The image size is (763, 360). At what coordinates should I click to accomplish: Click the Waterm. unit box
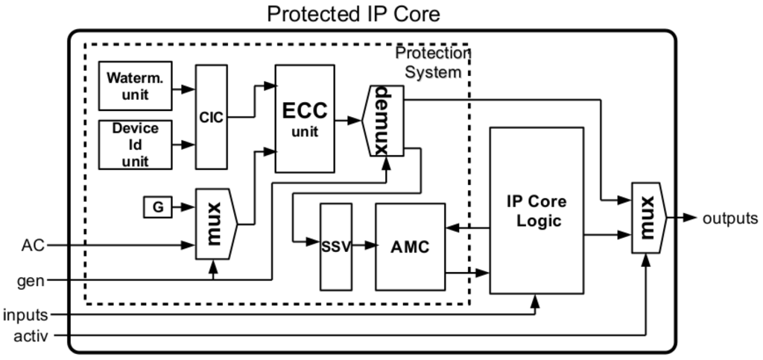click(135, 86)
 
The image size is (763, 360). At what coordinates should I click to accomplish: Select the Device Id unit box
click(135, 145)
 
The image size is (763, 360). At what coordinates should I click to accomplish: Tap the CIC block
click(212, 117)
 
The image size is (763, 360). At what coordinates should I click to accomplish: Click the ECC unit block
click(304, 118)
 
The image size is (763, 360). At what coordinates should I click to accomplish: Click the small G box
click(158, 207)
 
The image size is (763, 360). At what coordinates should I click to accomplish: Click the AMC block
click(410, 247)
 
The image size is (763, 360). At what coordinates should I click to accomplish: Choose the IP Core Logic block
click(536, 211)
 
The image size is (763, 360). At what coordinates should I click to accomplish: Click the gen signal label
click(31, 280)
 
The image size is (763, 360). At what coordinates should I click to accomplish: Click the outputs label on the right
click(730, 218)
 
